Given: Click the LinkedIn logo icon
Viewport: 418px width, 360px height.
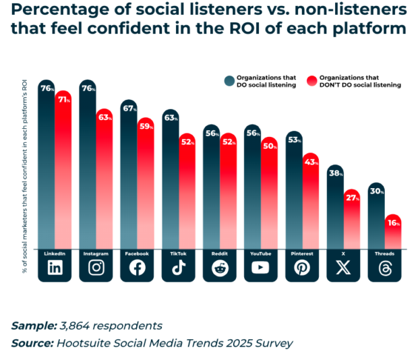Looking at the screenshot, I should (x=55, y=268).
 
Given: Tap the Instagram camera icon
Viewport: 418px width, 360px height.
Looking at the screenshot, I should (x=96, y=268).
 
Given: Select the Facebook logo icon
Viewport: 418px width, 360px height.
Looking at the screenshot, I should (x=137, y=268).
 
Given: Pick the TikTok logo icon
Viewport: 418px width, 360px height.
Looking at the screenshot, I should (x=179, y=268).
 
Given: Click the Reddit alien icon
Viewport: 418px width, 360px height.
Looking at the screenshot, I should (x=220, y=268).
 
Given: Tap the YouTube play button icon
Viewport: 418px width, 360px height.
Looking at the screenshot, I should (x=261, y=268).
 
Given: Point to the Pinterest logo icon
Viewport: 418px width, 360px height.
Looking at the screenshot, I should (x=302, y=268).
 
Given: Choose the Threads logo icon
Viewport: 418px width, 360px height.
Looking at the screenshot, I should (x=384, y=268).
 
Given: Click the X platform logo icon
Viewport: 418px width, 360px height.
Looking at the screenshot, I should (x=343, y=268).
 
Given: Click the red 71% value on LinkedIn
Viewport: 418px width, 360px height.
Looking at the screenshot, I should (x=63, y=100).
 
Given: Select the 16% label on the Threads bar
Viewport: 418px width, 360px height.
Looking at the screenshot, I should (x=393, y=223).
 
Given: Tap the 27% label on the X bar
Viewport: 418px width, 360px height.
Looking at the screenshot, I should (x=352, y=198).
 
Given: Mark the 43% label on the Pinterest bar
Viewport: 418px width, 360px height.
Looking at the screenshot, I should (x=311, y=162).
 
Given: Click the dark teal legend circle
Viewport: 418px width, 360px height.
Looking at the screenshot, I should (x=229, y=81).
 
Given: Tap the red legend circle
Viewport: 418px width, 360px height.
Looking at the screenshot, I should (x=311, y=81).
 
